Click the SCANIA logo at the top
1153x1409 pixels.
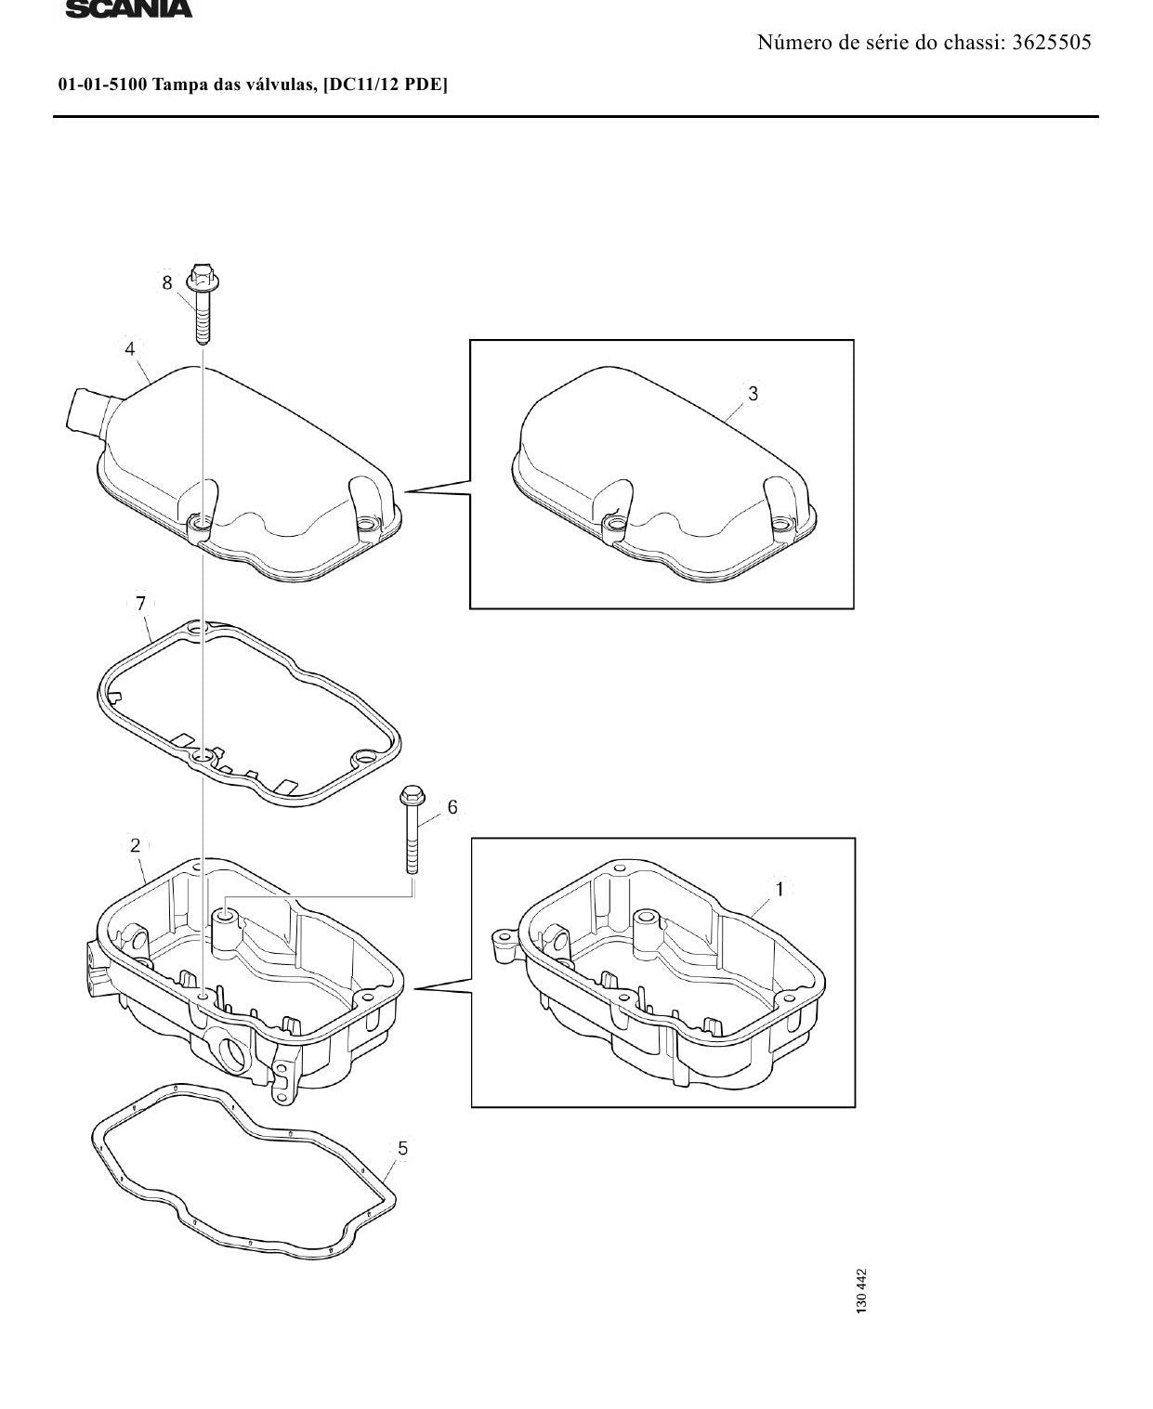(x=128, y=8)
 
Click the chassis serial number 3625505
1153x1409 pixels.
(x=1052, y=43)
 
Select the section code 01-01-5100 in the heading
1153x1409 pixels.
(x=99, y=85)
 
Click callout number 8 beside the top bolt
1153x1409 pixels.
(x=167, y=282)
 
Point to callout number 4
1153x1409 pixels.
(x=130, y=348)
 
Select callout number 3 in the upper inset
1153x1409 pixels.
(x=753, y=394)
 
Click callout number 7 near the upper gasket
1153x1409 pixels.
(x=140, y=604)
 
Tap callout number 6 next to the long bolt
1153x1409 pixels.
(x=452, y=807)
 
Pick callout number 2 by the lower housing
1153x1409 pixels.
(x=135, y=845)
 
